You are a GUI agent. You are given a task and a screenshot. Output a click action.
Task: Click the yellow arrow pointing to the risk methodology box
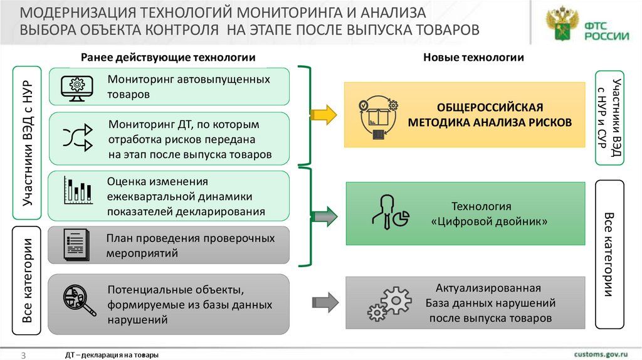(x=324, y=114)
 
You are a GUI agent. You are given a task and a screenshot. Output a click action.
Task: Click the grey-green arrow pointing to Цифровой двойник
(x=324, y=217)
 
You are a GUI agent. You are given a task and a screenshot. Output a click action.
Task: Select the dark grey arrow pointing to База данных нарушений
(x=324, y=302)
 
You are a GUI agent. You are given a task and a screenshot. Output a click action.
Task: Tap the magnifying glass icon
(x=78, y=300)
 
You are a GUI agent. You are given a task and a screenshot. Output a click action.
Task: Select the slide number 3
(x=23, y=355)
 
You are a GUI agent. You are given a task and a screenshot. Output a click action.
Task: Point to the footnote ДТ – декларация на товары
(x=112, y=355)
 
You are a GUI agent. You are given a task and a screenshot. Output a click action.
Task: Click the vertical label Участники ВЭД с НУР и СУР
(x=610, y=117)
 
